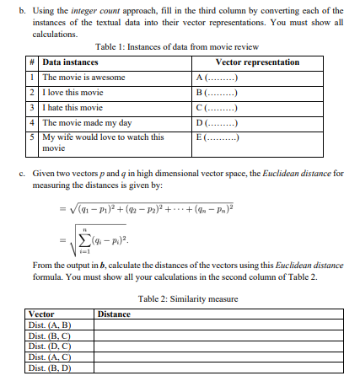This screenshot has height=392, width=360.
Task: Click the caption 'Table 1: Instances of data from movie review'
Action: tap(177, 46)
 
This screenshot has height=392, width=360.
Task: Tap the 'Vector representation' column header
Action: tap(258, 62)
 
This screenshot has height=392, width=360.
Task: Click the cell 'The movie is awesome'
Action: tap(83, 77)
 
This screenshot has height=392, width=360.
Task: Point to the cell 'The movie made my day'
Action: tap(87, 122)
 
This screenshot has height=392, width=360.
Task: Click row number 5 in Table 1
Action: tap(30, 137)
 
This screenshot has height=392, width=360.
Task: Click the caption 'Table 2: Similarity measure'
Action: tap(180, 299)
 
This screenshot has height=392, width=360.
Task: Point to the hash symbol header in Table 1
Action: tap(30, 62)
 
